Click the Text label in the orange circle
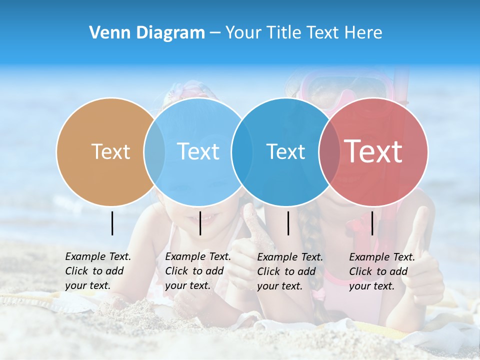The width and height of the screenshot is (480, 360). pos(110,151)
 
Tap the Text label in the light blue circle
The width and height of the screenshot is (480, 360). pos(198,151)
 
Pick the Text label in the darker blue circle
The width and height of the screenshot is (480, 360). pos(285,151)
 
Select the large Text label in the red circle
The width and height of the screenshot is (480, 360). pos(373,151)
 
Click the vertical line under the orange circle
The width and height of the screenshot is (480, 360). pos(112,223)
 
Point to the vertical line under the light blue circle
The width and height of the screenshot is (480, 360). pos(200,223)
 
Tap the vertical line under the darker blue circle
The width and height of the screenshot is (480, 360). pos(288,223)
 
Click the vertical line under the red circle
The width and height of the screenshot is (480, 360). pos(372,223)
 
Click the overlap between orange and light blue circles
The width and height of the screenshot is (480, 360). pos(154,151)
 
